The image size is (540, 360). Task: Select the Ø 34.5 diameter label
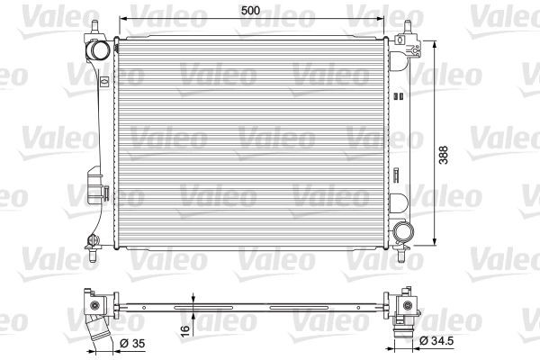click(x=436, y=341)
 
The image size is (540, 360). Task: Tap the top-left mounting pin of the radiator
click(x=91, y=28)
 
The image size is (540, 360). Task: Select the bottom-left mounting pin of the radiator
click(x=91, y=240)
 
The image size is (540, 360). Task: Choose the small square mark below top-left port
click(x=104, y=82)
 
